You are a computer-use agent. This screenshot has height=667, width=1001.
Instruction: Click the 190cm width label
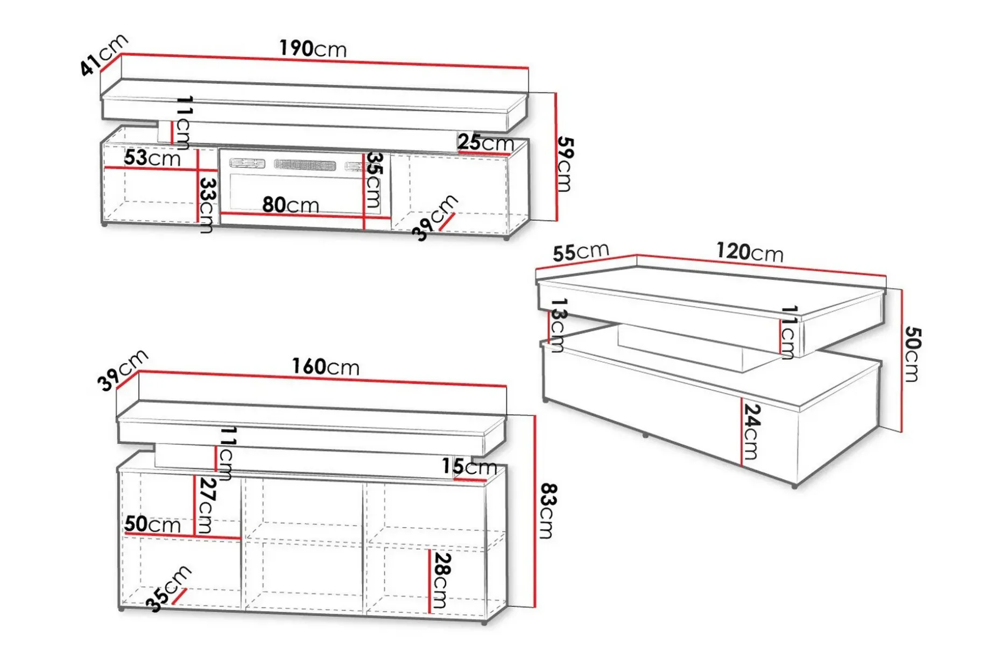click(x=313, y=49)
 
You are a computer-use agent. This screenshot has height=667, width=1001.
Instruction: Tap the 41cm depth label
click(x=104, y=54)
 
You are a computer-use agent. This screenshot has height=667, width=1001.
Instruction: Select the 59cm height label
click(x=565, y=164)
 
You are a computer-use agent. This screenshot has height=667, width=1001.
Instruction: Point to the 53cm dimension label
click(x=152, y=158)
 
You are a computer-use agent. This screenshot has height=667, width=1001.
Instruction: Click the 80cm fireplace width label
click(x=291, y=205)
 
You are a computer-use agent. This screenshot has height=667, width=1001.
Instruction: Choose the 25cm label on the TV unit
click(x=486, y=143)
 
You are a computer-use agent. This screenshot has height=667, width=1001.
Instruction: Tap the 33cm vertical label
click(x=207, y=205)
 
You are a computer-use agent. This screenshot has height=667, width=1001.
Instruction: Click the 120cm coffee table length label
click(x=750, y=252)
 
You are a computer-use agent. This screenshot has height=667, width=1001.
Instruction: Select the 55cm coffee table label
click(x=581, y=252)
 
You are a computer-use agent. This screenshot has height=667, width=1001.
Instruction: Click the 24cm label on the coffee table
click(x=751, y=431)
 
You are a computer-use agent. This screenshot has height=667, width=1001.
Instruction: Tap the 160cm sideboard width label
click(x=326, y=367)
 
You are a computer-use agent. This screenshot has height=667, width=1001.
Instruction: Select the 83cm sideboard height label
click(x=547, y=511)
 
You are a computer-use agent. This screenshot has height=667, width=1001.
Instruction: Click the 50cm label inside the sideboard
click(x=152, y=524)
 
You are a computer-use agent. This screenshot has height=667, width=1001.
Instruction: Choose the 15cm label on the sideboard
click(x=469, y=466)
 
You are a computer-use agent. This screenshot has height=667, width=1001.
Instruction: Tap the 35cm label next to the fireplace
click(x=373, y=180)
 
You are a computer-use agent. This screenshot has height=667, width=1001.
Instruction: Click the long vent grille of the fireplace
click(x=305, y=165)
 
